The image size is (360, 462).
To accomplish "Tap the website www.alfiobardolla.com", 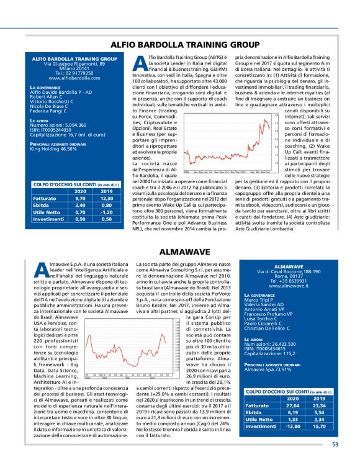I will [x=71, y=79].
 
